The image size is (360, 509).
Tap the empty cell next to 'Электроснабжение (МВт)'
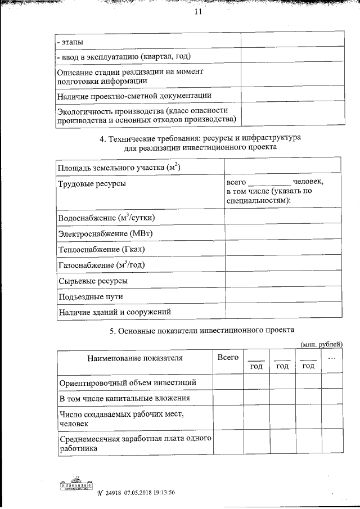[x=282, y=233]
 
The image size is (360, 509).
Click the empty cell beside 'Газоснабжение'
[x=282, y=264]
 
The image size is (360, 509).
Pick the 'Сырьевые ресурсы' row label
[x=92, y=280]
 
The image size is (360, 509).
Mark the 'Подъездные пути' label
[x=90, y=296]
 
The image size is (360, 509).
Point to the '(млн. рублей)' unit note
[x=321, y=344]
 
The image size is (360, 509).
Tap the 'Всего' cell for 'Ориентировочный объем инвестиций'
[x=228, y=382]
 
